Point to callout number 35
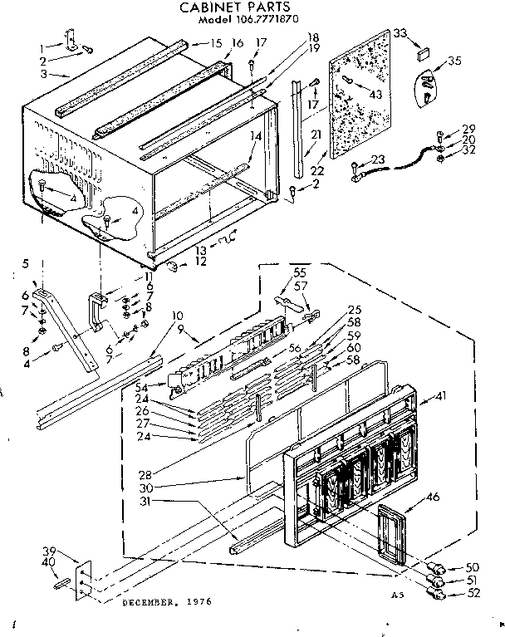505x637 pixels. tap(454, 60)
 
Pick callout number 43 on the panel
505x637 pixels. tap(375, 95)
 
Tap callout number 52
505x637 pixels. tap(474, 595)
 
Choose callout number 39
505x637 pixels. tap(51, 551)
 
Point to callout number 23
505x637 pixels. tap(378, 160)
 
